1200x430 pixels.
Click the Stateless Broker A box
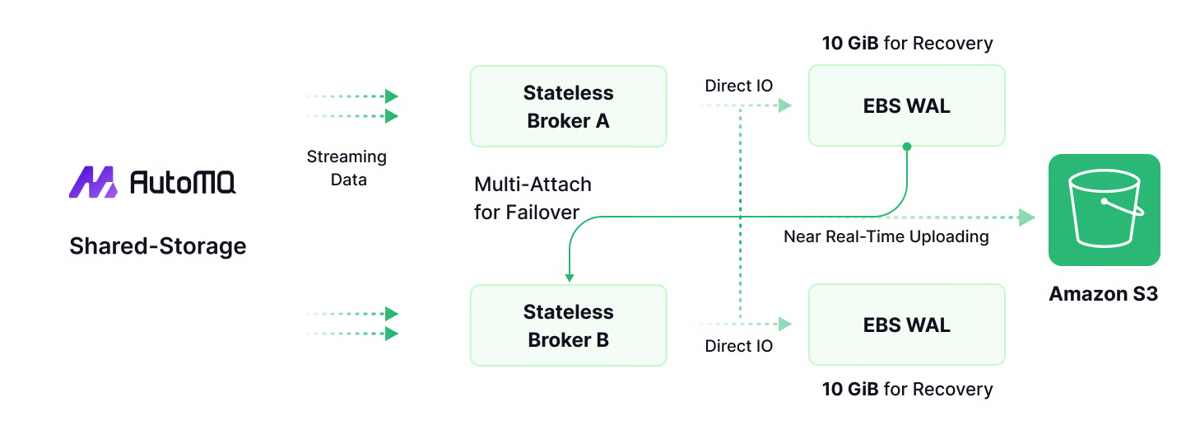tap(568, 106)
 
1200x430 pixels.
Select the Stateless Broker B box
tap(568, 325)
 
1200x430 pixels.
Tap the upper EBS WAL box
tap(906, 105)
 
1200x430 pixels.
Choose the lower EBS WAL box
tap(906, 325)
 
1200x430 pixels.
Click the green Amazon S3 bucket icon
tap(1104, 210)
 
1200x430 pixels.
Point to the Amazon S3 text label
tap(1103, 294)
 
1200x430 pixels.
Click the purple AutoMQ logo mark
tap(93, 182)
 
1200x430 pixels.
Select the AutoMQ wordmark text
tap(183, 182)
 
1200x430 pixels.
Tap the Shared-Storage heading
tap(158, 245)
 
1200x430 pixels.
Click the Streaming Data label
tap(347, 167)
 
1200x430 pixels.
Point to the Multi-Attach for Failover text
tap(533, 198)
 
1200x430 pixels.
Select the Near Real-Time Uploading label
tap(886, 237)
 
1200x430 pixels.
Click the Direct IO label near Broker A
tap(738, 86)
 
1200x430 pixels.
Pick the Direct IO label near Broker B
tap(738, 346)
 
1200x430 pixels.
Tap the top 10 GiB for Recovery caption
tap(907, 43)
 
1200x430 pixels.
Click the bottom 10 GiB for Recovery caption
tap(907, 389)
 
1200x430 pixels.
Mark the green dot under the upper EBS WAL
tap(906, 147)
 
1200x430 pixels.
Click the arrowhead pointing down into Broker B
tap(569, 278)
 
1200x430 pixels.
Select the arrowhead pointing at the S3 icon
tap(1026, 217)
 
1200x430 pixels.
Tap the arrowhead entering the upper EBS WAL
tap(784, 105)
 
